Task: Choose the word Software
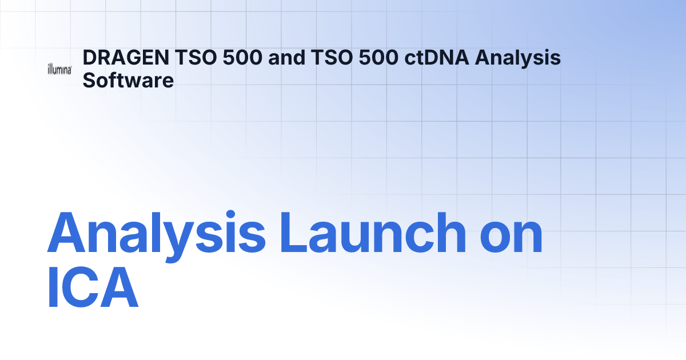pos(128,80)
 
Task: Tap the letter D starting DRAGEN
pos(89,58)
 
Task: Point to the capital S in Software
pos(89,80)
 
